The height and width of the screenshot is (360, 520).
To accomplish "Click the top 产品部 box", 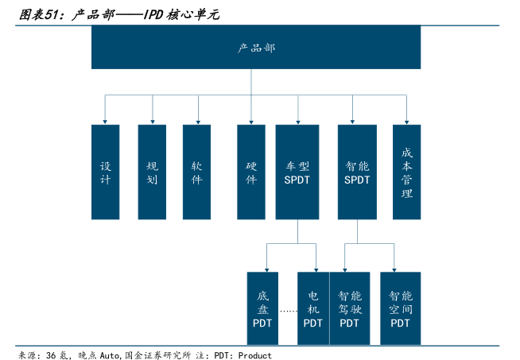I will tap(256, 48).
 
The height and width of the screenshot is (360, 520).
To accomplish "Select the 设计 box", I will tap(105, 172).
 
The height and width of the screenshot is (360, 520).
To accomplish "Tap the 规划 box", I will tap(152, 172).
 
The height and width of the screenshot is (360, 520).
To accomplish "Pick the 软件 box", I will tap(196, 172).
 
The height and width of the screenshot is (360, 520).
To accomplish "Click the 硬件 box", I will tap(251, 172).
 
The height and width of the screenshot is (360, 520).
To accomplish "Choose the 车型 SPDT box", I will tap(297, 172).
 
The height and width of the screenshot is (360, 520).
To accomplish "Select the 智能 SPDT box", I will tap(357, 172).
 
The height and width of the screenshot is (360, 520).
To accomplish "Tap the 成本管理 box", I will tap(407, 172).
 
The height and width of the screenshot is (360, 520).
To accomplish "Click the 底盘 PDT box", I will tap(263, 308).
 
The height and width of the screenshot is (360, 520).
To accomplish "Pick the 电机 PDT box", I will tap(313, 308).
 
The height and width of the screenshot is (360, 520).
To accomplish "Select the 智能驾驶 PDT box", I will tap(349, 308).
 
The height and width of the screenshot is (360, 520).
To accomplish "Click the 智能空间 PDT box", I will tap(400, 308).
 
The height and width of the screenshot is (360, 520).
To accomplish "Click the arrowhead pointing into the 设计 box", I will tap(105, 121).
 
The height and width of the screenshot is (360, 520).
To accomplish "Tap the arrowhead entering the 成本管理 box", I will tap(407, 121).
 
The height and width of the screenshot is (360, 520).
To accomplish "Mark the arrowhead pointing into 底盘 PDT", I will tap(266, 268).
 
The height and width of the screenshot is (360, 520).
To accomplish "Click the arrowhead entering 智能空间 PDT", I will tap(394, 268).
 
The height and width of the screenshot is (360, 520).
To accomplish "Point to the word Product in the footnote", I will tap(254, 355).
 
